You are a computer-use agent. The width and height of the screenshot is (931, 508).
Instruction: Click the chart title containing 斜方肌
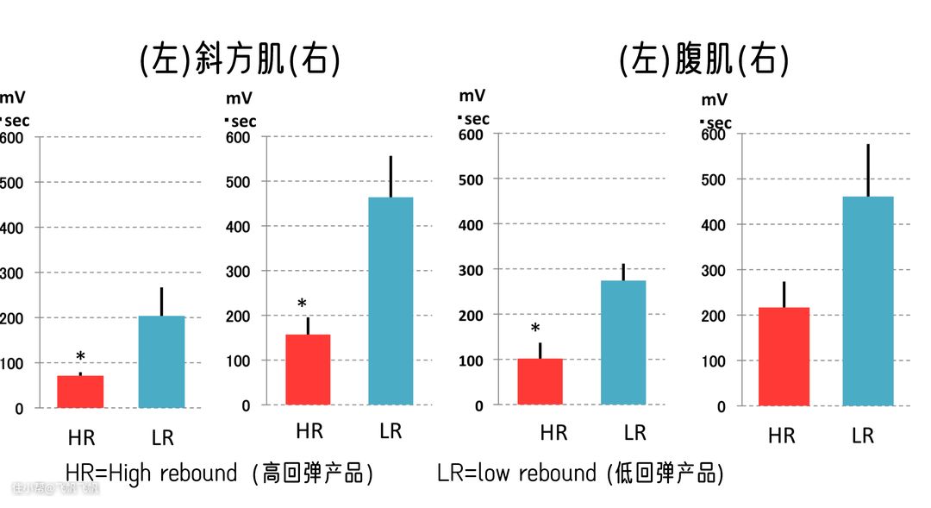click(x=240, y=61)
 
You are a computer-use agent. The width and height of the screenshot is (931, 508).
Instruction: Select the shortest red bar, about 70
click(x=80, y=392)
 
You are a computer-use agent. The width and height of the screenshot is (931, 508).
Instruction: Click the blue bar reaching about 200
click(x=162, y=361)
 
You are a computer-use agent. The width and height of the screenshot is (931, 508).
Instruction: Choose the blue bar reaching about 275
click(x=623, y=342)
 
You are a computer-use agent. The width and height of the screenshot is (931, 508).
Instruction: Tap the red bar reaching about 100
click(x=540, y=381)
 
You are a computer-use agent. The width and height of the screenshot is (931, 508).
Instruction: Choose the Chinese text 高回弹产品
click(x=313, y=474)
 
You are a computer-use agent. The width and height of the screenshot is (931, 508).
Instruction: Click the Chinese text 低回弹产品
click(x=664, y=474)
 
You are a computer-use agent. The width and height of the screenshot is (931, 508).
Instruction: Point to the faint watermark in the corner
click(x=55, y=489)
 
